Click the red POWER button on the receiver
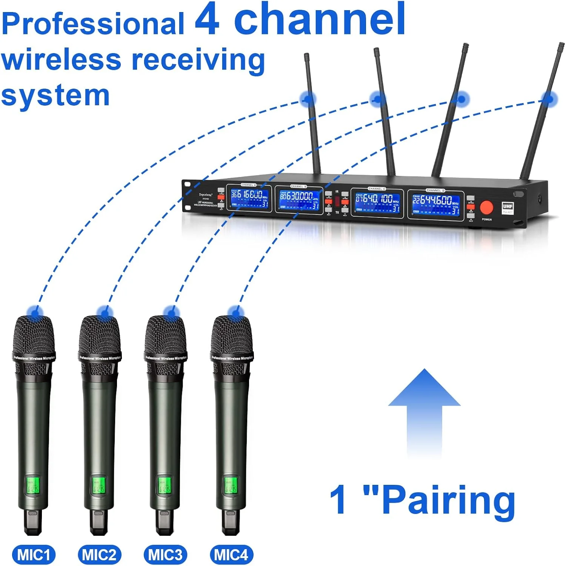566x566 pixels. pyautogui.click(x=486, y=207)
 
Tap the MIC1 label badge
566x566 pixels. pyautogui.click(x=34, y=555)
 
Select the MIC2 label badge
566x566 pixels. pyautogui.click(x=99, y=555)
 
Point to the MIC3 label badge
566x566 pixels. pyautogui.click(x=165, y=555)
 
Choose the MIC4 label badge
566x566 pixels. pyautogui.click(x=231, y=555)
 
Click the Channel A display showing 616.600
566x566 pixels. pyautogui.click(x=249, y=198)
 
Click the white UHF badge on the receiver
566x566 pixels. pyautogui.click(x=508, y=207)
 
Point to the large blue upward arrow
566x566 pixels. pyautogui.click(x=424, y=411)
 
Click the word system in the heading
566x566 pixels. pyautogui.click(x=55, y=95)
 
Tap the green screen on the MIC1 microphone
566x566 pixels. pyautogui.click(x=33, y=486)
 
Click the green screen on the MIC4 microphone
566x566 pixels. pyautogui.click(x=231, y=486)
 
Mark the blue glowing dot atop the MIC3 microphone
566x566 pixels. pyautogui.click(x=172, y=313)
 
